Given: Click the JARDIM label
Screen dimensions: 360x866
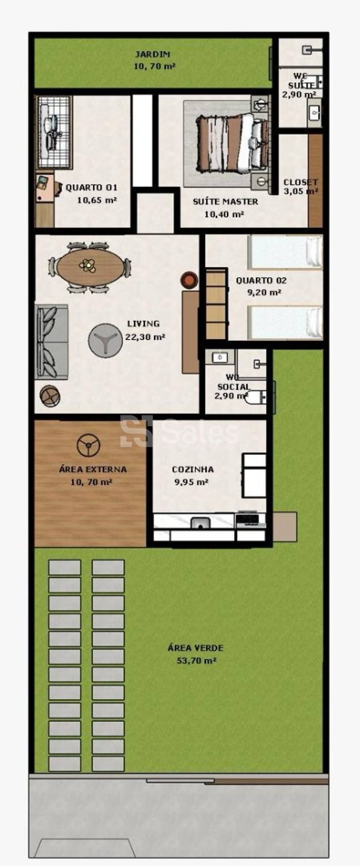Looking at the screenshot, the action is click(152, 55).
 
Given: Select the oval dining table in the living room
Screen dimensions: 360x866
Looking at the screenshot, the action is click(90, 267).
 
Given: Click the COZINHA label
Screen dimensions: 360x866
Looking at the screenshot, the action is click(193, 470).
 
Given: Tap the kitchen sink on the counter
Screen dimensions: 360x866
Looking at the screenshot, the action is click(200, 523).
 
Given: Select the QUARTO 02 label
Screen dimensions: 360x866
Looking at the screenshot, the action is click(261, 281).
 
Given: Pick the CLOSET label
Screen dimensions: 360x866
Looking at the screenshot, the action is click(300, 182).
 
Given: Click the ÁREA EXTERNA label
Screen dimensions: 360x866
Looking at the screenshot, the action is click(93, 470).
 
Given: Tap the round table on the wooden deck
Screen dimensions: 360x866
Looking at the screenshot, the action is click(88, 446).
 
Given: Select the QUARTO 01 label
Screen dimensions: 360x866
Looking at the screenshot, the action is click(92, 188).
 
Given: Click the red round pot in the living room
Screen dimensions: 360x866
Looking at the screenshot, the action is click(189, 280).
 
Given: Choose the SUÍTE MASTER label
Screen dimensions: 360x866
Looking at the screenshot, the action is click(226, 202).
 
